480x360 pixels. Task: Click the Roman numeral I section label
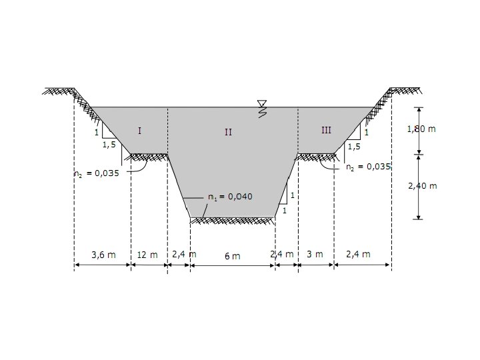coord(139,131)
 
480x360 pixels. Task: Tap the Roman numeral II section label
coord(228,132)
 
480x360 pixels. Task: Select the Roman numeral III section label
coord(326,131)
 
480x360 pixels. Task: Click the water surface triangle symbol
coord(262,103)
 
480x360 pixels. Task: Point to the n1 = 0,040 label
coord(230,197)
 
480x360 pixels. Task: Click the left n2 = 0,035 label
coord(97,173)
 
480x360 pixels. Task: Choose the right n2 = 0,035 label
coord(368,167)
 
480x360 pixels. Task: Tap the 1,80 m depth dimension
coord(421,129)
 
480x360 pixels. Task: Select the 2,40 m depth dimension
coord(423,186)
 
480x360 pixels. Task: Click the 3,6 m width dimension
coord(103,255)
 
